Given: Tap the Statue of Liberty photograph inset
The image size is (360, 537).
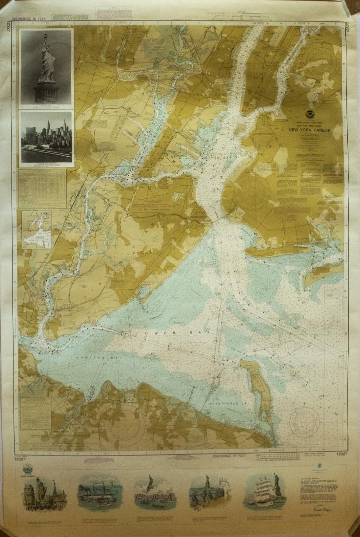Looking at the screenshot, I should tap(46, 67).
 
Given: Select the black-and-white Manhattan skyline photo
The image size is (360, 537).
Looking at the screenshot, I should tap(46, 138).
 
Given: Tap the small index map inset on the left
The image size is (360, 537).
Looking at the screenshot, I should tap(37, 229).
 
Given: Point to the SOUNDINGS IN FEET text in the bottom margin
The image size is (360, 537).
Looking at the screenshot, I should tap(229, 456).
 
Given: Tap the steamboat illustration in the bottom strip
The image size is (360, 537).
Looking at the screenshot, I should tap(99, 492).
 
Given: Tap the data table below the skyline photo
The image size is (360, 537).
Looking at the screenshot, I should tap(43, 188).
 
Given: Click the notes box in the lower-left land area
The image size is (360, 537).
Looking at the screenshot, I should tap(36, 413).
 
